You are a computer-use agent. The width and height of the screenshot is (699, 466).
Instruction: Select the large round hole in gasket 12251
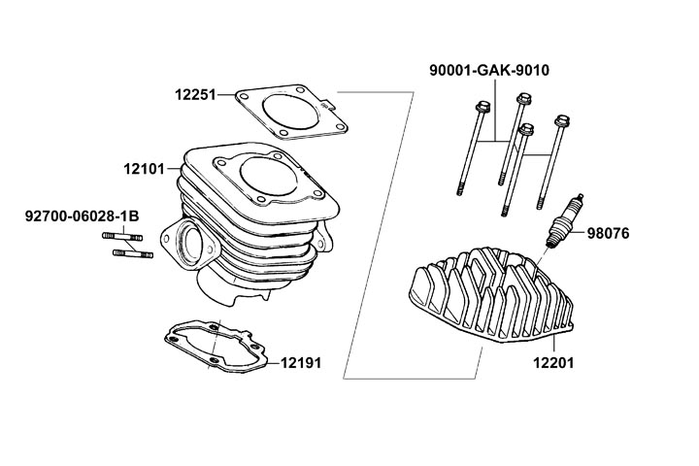point(288,110)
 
